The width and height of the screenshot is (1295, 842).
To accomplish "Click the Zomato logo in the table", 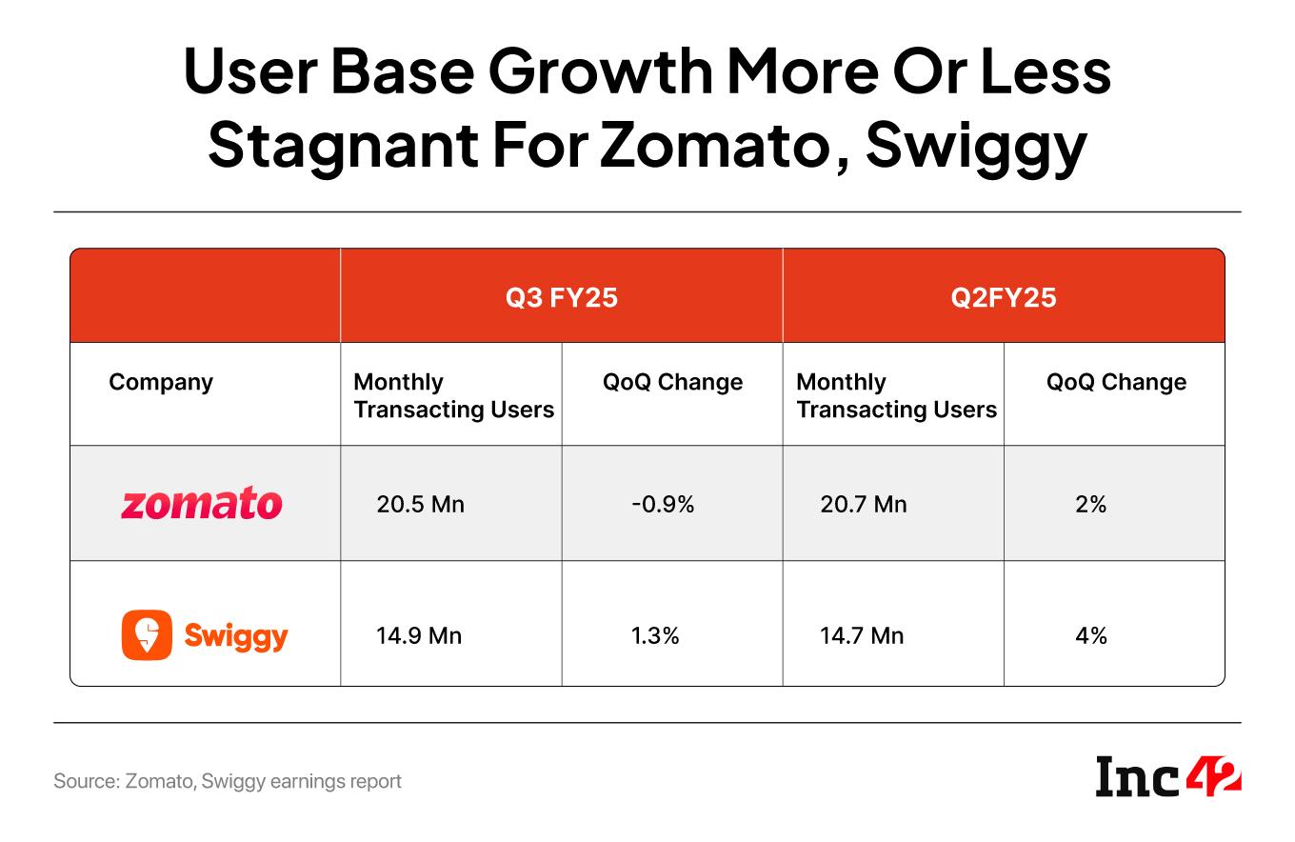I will point(201,503).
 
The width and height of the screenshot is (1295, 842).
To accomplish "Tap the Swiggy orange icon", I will point(147,634).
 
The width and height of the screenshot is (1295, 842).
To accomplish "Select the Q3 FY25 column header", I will point(561,297).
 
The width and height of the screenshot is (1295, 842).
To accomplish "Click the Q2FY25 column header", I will point(1003,297).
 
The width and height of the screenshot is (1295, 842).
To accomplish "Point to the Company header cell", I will point(161,382).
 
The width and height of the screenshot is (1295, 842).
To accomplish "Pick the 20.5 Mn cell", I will point(420,504).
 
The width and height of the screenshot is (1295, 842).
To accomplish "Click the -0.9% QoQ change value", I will point(663,504).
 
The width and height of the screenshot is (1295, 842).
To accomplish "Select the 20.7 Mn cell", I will point(863,504).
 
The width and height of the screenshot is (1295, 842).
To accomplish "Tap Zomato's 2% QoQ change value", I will point(1090,504).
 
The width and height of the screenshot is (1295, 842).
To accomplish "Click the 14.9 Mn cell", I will point(419,635).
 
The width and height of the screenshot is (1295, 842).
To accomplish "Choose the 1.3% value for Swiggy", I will point(655,635).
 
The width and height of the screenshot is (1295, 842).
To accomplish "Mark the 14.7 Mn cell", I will point(861,635).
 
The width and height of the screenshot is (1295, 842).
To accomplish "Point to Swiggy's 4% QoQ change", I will point(1090,635).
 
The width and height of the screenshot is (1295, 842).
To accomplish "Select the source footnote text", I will point(228,781).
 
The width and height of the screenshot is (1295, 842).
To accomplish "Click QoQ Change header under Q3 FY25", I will point(672,382).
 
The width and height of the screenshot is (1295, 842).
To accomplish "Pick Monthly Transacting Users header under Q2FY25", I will point(896,395).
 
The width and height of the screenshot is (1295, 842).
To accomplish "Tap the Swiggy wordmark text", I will point(235,635).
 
